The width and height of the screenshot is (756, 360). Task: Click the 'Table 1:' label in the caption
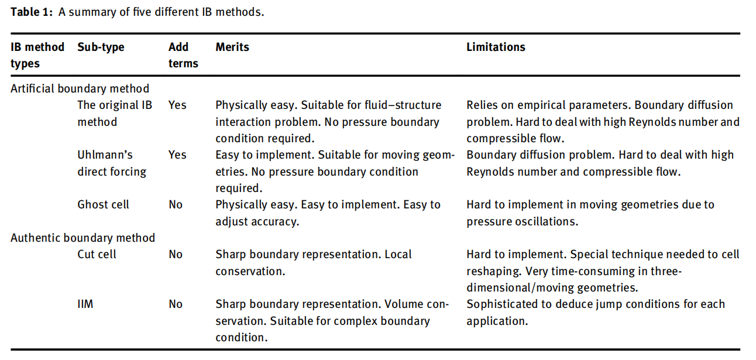click(32, 12)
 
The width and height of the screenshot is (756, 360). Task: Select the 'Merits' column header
click(232, 47)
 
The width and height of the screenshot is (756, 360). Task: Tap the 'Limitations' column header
click(496, 47)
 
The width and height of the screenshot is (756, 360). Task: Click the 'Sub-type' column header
click(101, 47)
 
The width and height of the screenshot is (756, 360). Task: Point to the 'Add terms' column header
click(183, 55)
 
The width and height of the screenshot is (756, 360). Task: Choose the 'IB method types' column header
click(37, 55)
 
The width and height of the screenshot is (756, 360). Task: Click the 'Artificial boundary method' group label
click(80, 89)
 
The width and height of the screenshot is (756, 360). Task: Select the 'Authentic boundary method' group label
click(83, 238)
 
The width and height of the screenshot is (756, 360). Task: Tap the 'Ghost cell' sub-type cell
click(104, 205)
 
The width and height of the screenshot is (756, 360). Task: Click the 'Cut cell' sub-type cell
click(97, 254)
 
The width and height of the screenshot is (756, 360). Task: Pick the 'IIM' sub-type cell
click(85, 304)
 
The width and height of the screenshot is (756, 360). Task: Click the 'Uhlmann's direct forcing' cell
click(112, 163)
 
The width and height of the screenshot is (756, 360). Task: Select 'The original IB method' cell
click(115, 114)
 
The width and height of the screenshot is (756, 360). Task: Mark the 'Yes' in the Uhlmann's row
click(177, 155)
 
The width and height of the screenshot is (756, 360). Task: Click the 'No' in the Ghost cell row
click(176, 205)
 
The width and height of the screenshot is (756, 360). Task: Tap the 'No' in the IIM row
click(176, 304)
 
